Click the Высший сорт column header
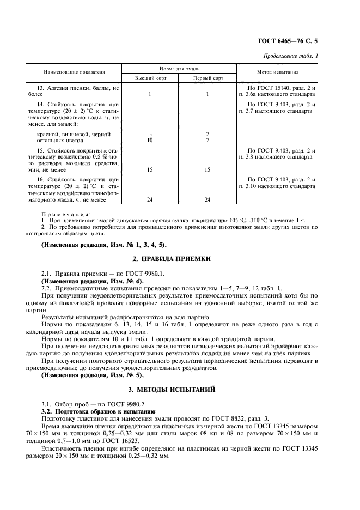tap(149, 78)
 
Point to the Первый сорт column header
tap(208, 78)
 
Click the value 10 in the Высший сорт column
tap(149, 141)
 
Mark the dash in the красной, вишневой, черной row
tap(149, 134)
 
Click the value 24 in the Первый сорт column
tap(208, 200)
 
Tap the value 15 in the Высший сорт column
tap(149, 170)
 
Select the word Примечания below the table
tap(66, 215)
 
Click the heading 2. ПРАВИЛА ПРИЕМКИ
tap(180, 258)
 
